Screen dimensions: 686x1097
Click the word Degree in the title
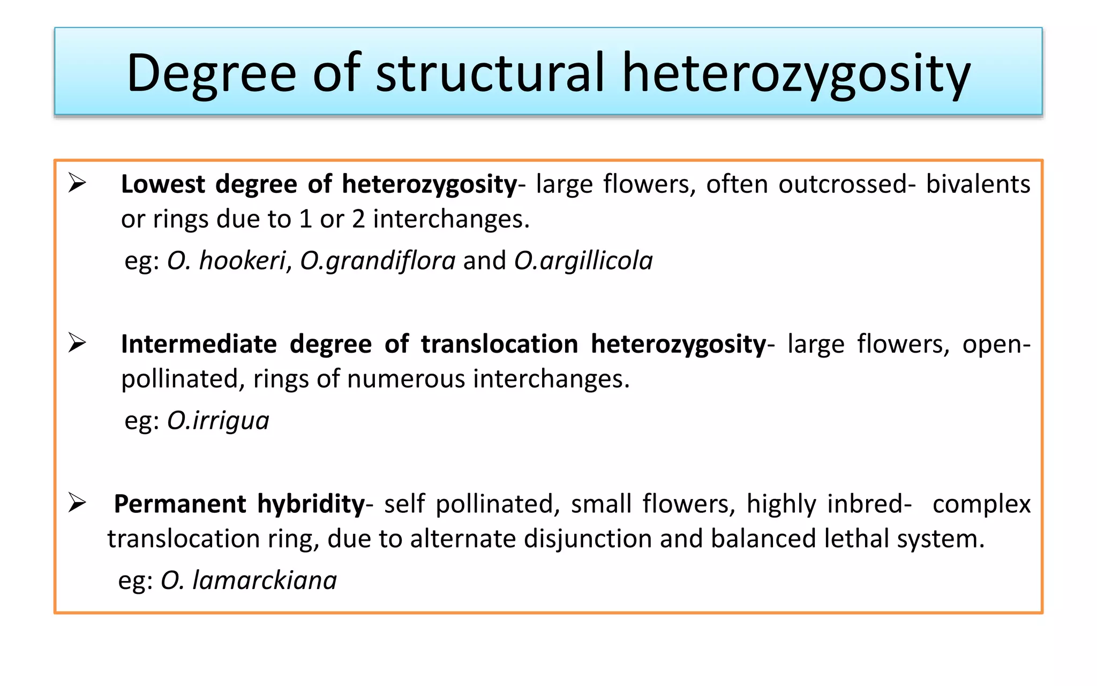[x=211, y=73]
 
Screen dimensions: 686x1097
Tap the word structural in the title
[x=490, y=73]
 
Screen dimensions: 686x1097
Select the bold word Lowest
[x=163, y=184]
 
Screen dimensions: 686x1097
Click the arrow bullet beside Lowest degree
[x=77, y=184]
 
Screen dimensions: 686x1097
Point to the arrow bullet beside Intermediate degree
[x=77, y=344]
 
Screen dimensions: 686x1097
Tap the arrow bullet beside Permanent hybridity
[x=77, y=503]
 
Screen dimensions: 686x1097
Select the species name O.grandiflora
[x=378, y=261]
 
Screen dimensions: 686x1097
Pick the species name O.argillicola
[x=583, y=261]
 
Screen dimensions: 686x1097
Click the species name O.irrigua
[x=218, y=421]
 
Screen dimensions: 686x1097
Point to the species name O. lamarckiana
[x=249, y=580]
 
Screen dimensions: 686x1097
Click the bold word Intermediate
[x=199, y=344]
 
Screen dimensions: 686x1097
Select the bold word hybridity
[x=311, y=504]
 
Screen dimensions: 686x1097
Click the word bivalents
[x=978, y=184]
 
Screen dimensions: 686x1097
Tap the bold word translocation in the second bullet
[x=499, y=344]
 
